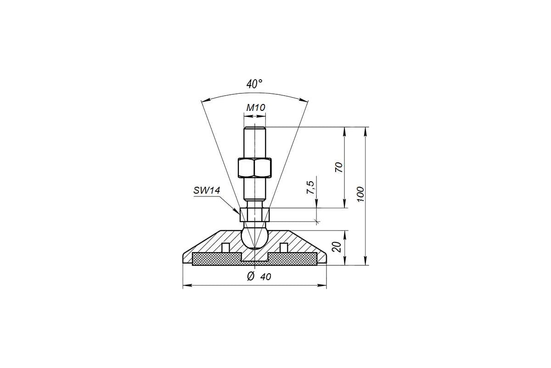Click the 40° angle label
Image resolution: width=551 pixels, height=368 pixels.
254,84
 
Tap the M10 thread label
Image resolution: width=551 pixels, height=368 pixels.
256,108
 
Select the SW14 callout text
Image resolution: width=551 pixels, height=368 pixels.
207,190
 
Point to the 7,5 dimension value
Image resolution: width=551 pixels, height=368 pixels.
310,187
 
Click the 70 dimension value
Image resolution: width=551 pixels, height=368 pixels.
339,167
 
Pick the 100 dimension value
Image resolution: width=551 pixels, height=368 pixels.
360,194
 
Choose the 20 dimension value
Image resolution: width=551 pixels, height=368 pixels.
337,247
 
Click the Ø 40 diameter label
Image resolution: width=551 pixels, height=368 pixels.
259,276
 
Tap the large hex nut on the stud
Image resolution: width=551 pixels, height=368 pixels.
254,168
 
